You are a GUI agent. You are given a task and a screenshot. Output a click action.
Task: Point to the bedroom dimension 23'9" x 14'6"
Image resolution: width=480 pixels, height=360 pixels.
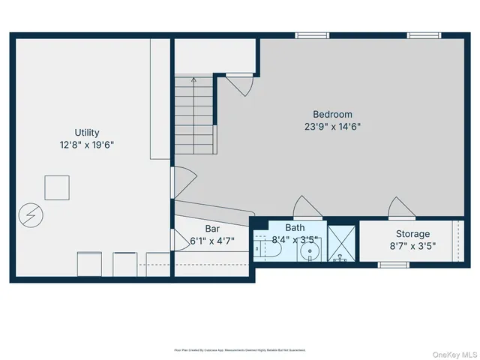click(334, 127)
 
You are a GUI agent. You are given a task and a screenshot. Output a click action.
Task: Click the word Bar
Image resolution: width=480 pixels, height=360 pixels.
click(212, 228)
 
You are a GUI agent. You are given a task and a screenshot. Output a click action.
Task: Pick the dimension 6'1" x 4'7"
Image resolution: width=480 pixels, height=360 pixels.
click(212, 241)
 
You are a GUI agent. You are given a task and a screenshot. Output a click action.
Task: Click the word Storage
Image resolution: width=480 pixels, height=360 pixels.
click(412, 234)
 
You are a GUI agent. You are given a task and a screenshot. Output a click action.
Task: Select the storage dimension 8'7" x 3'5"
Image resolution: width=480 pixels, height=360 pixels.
click(412, 246)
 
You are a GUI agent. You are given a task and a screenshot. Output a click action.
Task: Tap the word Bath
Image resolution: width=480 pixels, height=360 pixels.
click(295, 228)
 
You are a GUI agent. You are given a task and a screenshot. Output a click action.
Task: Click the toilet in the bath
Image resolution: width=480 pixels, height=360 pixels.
click(267, 247)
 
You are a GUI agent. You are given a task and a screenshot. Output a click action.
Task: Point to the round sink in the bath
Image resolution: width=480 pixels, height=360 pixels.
click(310, 251)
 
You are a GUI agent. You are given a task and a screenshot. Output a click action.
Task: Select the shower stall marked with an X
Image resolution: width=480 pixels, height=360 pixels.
click(342, 242)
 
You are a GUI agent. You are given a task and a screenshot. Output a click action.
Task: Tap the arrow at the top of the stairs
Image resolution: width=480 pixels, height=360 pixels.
click(194, 78)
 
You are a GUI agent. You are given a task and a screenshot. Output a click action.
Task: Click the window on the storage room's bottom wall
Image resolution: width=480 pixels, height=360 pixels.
click(393, 264)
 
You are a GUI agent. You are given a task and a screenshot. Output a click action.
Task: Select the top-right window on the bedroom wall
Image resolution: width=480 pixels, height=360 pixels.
click(424, 34)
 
